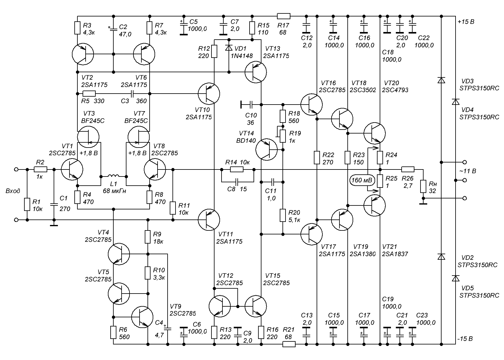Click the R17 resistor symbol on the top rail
[x=283, y=16]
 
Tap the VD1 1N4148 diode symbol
[x=229, y=48]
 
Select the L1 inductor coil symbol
[x=114, y=176]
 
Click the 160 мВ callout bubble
[x=362, y=180]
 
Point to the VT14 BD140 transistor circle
[x=267, y=149]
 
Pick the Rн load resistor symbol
[x=423, y=186]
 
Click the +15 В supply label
[x=466, y=22]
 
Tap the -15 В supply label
[x=465, y=339]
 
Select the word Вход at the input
[x=13, y=191]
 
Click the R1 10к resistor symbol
[x=27, y=205]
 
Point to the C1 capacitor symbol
[x=54, y=205]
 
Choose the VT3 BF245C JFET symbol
[x=88, y=137]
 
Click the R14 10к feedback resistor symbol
[x=237, y=169]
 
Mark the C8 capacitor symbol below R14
[x=237, y=181]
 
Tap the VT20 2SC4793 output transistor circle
[x=374, y=133]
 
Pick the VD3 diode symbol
[x=441, y=80]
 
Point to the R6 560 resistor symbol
[x=113, y=332]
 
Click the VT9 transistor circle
[x=142, y=317]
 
